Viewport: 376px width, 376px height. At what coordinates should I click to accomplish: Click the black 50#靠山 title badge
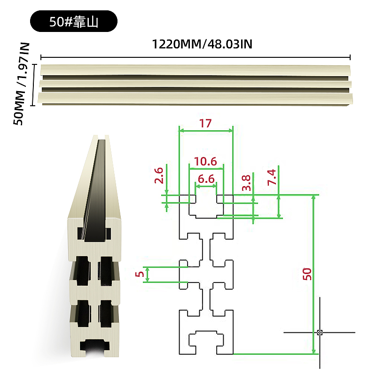tap(74, 21)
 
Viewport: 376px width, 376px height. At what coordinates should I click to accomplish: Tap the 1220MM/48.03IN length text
tap(202, 44)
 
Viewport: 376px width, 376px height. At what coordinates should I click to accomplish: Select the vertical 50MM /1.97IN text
tap(22, 84)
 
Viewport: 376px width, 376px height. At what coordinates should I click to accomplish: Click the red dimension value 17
tap(205, 123)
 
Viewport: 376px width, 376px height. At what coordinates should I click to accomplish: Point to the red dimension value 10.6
tap(205, 161)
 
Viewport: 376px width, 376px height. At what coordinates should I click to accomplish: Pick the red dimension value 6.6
tap(206, 179)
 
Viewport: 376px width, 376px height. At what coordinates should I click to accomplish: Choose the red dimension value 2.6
tap(159, 175)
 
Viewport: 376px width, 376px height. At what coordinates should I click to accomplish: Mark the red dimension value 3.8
tap(246, 183)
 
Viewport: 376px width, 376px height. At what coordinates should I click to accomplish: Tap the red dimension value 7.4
tap(272, 177)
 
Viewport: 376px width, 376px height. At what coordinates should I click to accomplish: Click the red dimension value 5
tap(139, 274)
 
